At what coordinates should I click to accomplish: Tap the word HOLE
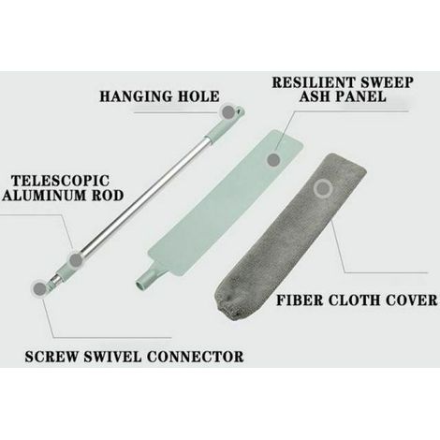coord(198,96)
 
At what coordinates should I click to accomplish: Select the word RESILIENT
coord(315,82)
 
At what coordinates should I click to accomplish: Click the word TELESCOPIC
coord(61,181)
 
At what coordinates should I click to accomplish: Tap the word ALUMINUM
coord(45,196)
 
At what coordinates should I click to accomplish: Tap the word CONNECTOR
coord(196,357)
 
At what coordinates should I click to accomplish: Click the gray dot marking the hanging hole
coord(228,112)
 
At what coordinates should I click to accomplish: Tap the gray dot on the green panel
coord(273,159)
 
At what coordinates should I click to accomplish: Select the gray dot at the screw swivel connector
coord(39,289)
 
